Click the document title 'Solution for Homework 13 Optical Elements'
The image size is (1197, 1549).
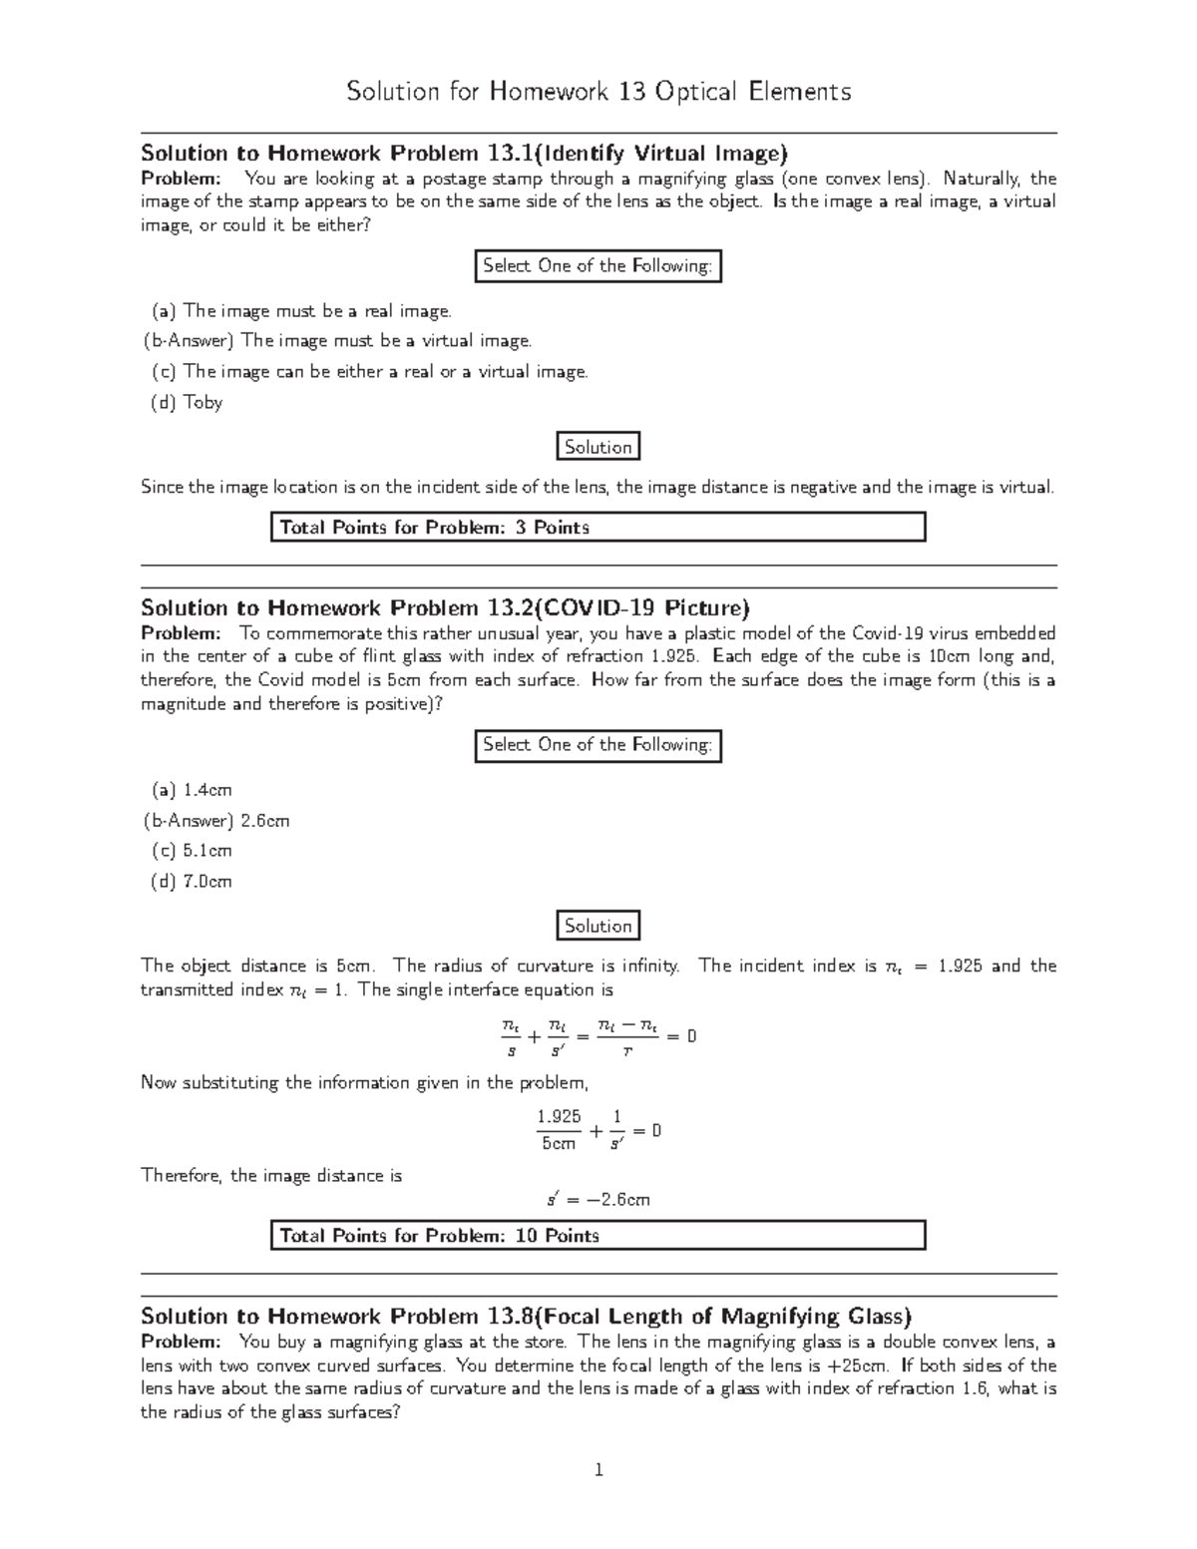pos(598,92)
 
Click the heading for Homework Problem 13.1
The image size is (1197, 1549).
pos(464,153)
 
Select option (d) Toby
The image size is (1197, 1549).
pos(187,402)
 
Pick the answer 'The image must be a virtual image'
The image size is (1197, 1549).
pos(337,340)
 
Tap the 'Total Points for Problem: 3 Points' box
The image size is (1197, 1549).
pos(598,527)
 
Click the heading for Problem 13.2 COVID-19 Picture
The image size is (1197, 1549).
pos(445,607)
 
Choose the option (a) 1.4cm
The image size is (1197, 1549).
pos(192,790)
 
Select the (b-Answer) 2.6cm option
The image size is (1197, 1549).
pos(216,821)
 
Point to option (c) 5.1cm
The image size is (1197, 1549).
pos(192,851)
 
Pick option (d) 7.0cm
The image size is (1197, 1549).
pos(192,881)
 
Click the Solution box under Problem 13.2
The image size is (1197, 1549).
pos(598,926)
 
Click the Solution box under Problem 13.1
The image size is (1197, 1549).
pos(598,447)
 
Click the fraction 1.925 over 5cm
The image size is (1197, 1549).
pos(559,1130)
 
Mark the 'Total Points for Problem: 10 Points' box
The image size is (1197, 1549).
pos(598,1235)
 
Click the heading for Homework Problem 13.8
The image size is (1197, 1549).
pos(526,1316)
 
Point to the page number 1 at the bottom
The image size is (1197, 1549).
pos(598,1469)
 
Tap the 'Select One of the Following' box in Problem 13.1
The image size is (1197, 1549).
pos(598,265)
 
